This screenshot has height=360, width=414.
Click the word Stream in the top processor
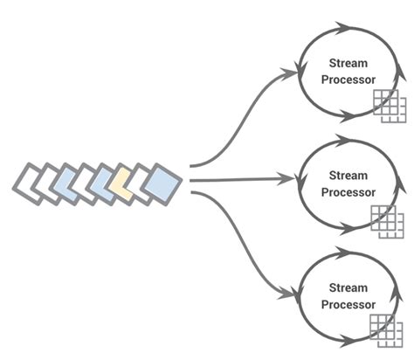(x=348, y=63)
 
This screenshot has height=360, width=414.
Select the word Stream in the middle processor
(x=348, y=177)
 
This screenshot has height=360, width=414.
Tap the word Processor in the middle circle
(x=348, y=192)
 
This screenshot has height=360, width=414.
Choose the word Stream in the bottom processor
(x=348, y=288)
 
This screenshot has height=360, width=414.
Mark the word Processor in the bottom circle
(x=348, y=304)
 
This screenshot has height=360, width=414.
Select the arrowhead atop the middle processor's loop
(x=338, y=140)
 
